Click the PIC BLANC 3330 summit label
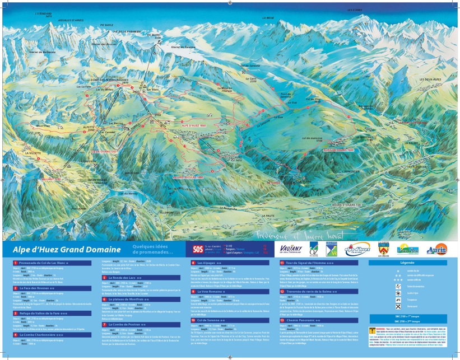154,36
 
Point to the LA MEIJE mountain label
268,18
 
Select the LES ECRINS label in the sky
354,10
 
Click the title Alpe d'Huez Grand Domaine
67,249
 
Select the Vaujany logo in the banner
289,249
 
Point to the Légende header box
407,262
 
